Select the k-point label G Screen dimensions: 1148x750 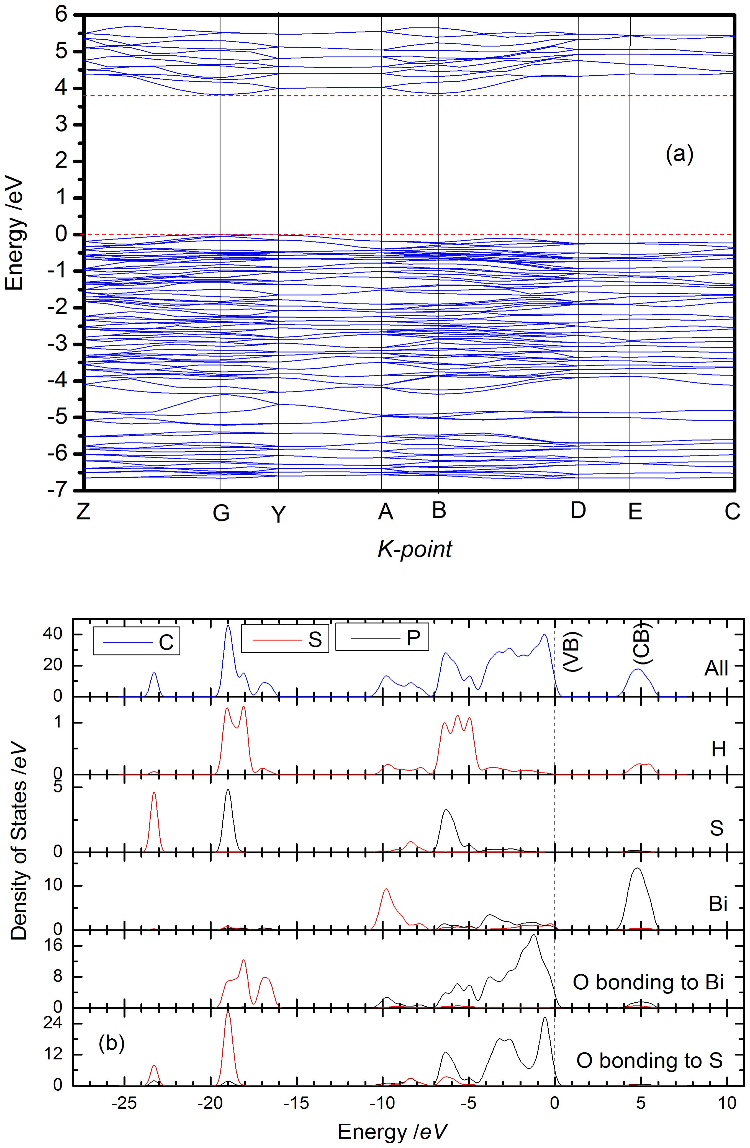[x=221, y=514]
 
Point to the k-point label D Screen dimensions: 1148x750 [x=578, y=510]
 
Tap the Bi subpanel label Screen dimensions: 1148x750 [x=718, y=904]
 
